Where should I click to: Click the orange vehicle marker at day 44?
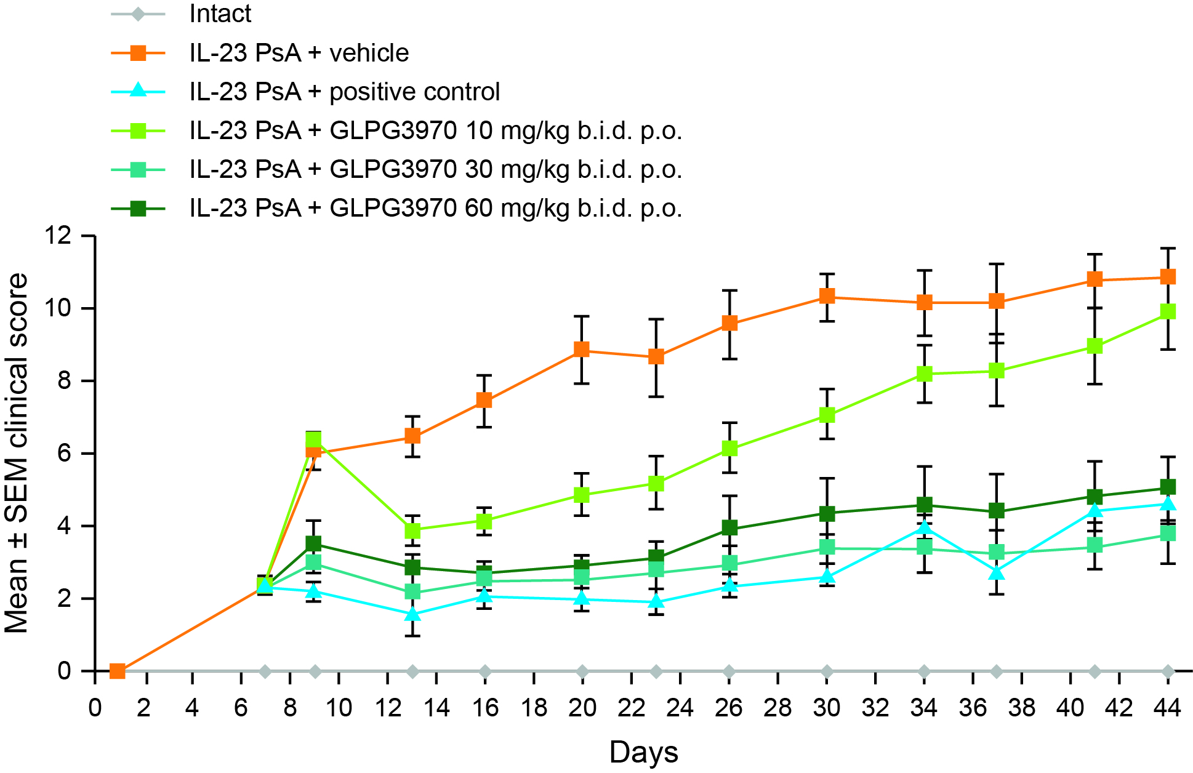point(1168,277)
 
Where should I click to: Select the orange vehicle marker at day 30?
point(827,297)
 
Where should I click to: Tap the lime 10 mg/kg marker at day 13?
point(412,530)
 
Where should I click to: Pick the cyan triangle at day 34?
point(924,528)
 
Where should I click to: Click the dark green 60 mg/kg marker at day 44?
point(1168,487)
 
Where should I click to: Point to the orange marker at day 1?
point(118,671)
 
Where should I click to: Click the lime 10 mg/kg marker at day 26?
point(729,448)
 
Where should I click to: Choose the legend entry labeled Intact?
point(220,14)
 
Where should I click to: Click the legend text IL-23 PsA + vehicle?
point(299,53)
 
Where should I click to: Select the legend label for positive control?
point(344,92)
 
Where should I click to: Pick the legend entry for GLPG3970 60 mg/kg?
point(435,208)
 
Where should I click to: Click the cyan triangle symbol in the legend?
point(139,92)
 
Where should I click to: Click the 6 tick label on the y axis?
point(64,454)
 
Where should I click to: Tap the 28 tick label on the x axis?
point(777,708)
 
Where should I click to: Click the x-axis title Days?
point(643,752)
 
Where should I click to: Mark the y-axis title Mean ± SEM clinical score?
point(17,454)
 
